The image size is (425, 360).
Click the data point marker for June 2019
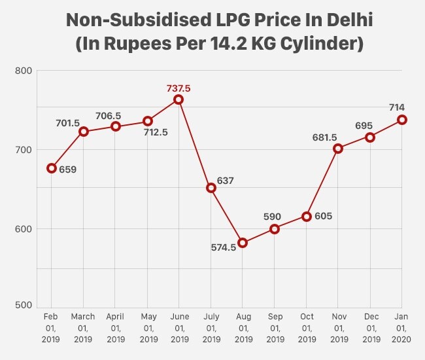[178, 99]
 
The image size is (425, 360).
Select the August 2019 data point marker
[243, 243]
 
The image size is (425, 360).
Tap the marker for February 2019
[52, 168]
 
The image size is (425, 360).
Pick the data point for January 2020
[402, 120]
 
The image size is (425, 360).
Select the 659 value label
[67, 170]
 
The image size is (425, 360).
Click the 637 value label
[225, 180]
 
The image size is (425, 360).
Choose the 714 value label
[399, 106]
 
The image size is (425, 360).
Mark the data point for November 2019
[338, 149]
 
